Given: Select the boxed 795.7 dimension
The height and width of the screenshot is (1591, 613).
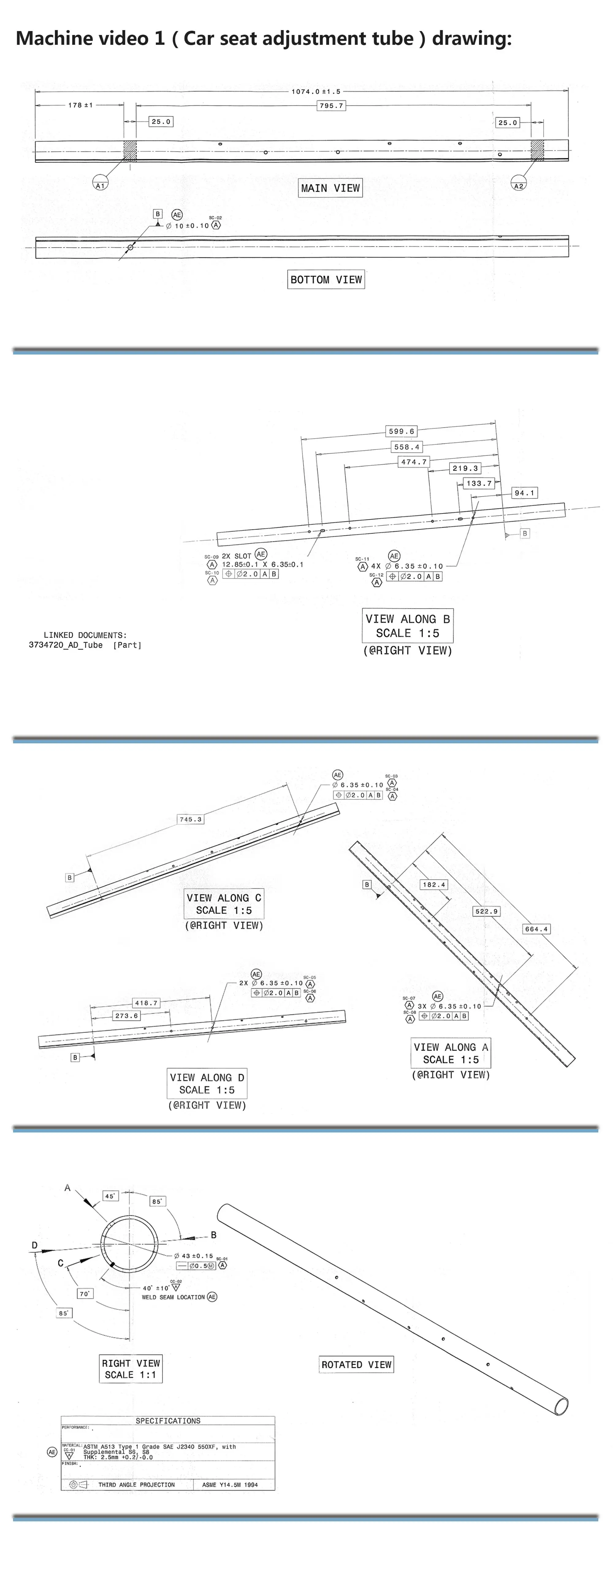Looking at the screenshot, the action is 331,106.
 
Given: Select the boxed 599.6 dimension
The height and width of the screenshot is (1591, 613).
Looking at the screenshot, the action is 401,431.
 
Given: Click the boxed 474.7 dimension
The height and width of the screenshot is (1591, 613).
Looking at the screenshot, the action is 413,462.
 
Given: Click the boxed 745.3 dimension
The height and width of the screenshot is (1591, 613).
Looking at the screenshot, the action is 190,820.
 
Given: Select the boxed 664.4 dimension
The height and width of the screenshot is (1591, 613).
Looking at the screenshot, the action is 536,929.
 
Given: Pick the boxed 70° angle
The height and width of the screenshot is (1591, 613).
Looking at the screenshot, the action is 85,1293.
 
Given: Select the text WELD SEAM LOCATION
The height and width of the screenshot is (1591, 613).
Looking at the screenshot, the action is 173,1297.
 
